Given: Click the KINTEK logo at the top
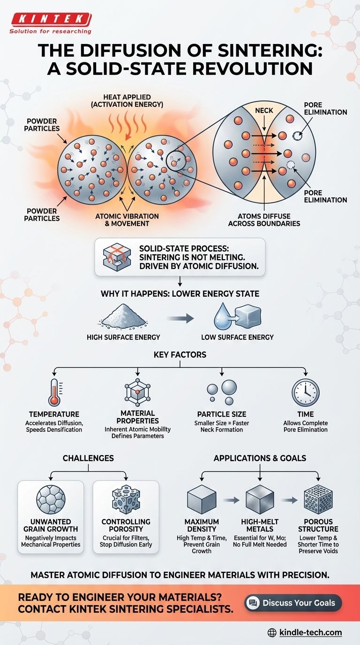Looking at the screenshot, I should pyautogui.click(x=49, y=19).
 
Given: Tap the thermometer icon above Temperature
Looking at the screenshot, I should pyautogui.click(x=54, y=392).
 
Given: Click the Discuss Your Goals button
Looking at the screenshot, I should pyautogui.click(x=293, y=602).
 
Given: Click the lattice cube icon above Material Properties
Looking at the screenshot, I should pyautogui.click(x=137, y=392).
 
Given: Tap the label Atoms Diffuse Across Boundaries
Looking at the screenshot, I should pyautogui.click(x=264, y=220).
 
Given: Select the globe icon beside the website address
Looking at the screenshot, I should pyautogui.click(x=271, y=633).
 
